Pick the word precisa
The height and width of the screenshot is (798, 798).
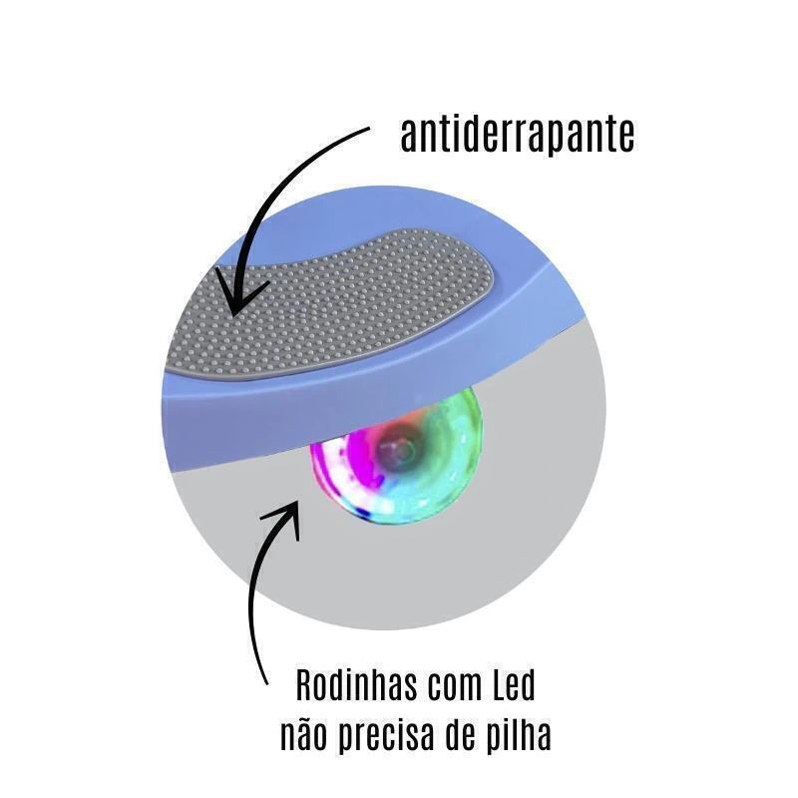[x=387, y=735]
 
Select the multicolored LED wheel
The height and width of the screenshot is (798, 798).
[x=396, y=456]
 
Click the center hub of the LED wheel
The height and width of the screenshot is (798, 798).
[x=403, y=449]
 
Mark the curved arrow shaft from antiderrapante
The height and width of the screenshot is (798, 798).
[x=269, y=199]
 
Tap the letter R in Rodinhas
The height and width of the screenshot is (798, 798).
[x=304, y=686]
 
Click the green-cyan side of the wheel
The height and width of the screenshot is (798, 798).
[x=448, y=473]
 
